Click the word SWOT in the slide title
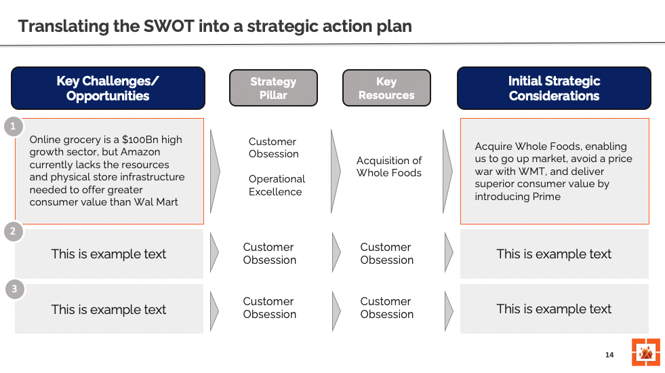pos(169,26)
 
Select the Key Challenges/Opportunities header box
pos(108,88)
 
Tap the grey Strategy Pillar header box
pos(273,88)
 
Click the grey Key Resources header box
pos(386,88)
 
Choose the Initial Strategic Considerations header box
pos(554,88)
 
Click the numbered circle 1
pos(13,127)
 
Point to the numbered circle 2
pos(13,233)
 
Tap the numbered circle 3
pos(13,290)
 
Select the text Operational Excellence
pos(276,185)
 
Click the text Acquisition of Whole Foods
pos(389,167)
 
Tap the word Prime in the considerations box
pos(547,197)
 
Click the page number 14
pos(609,355)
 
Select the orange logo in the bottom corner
pos(645,352)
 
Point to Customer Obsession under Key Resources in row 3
pos(386,308)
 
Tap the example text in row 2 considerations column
pos(554,254)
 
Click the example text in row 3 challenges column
pos(108,309)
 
